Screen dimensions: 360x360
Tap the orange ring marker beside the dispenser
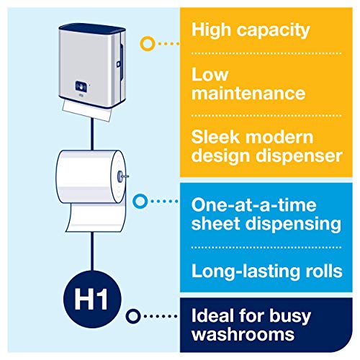(x=147, y=43)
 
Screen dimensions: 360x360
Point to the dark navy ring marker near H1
(x=132, y=315)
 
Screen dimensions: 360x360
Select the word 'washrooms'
(x=240, y=336)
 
